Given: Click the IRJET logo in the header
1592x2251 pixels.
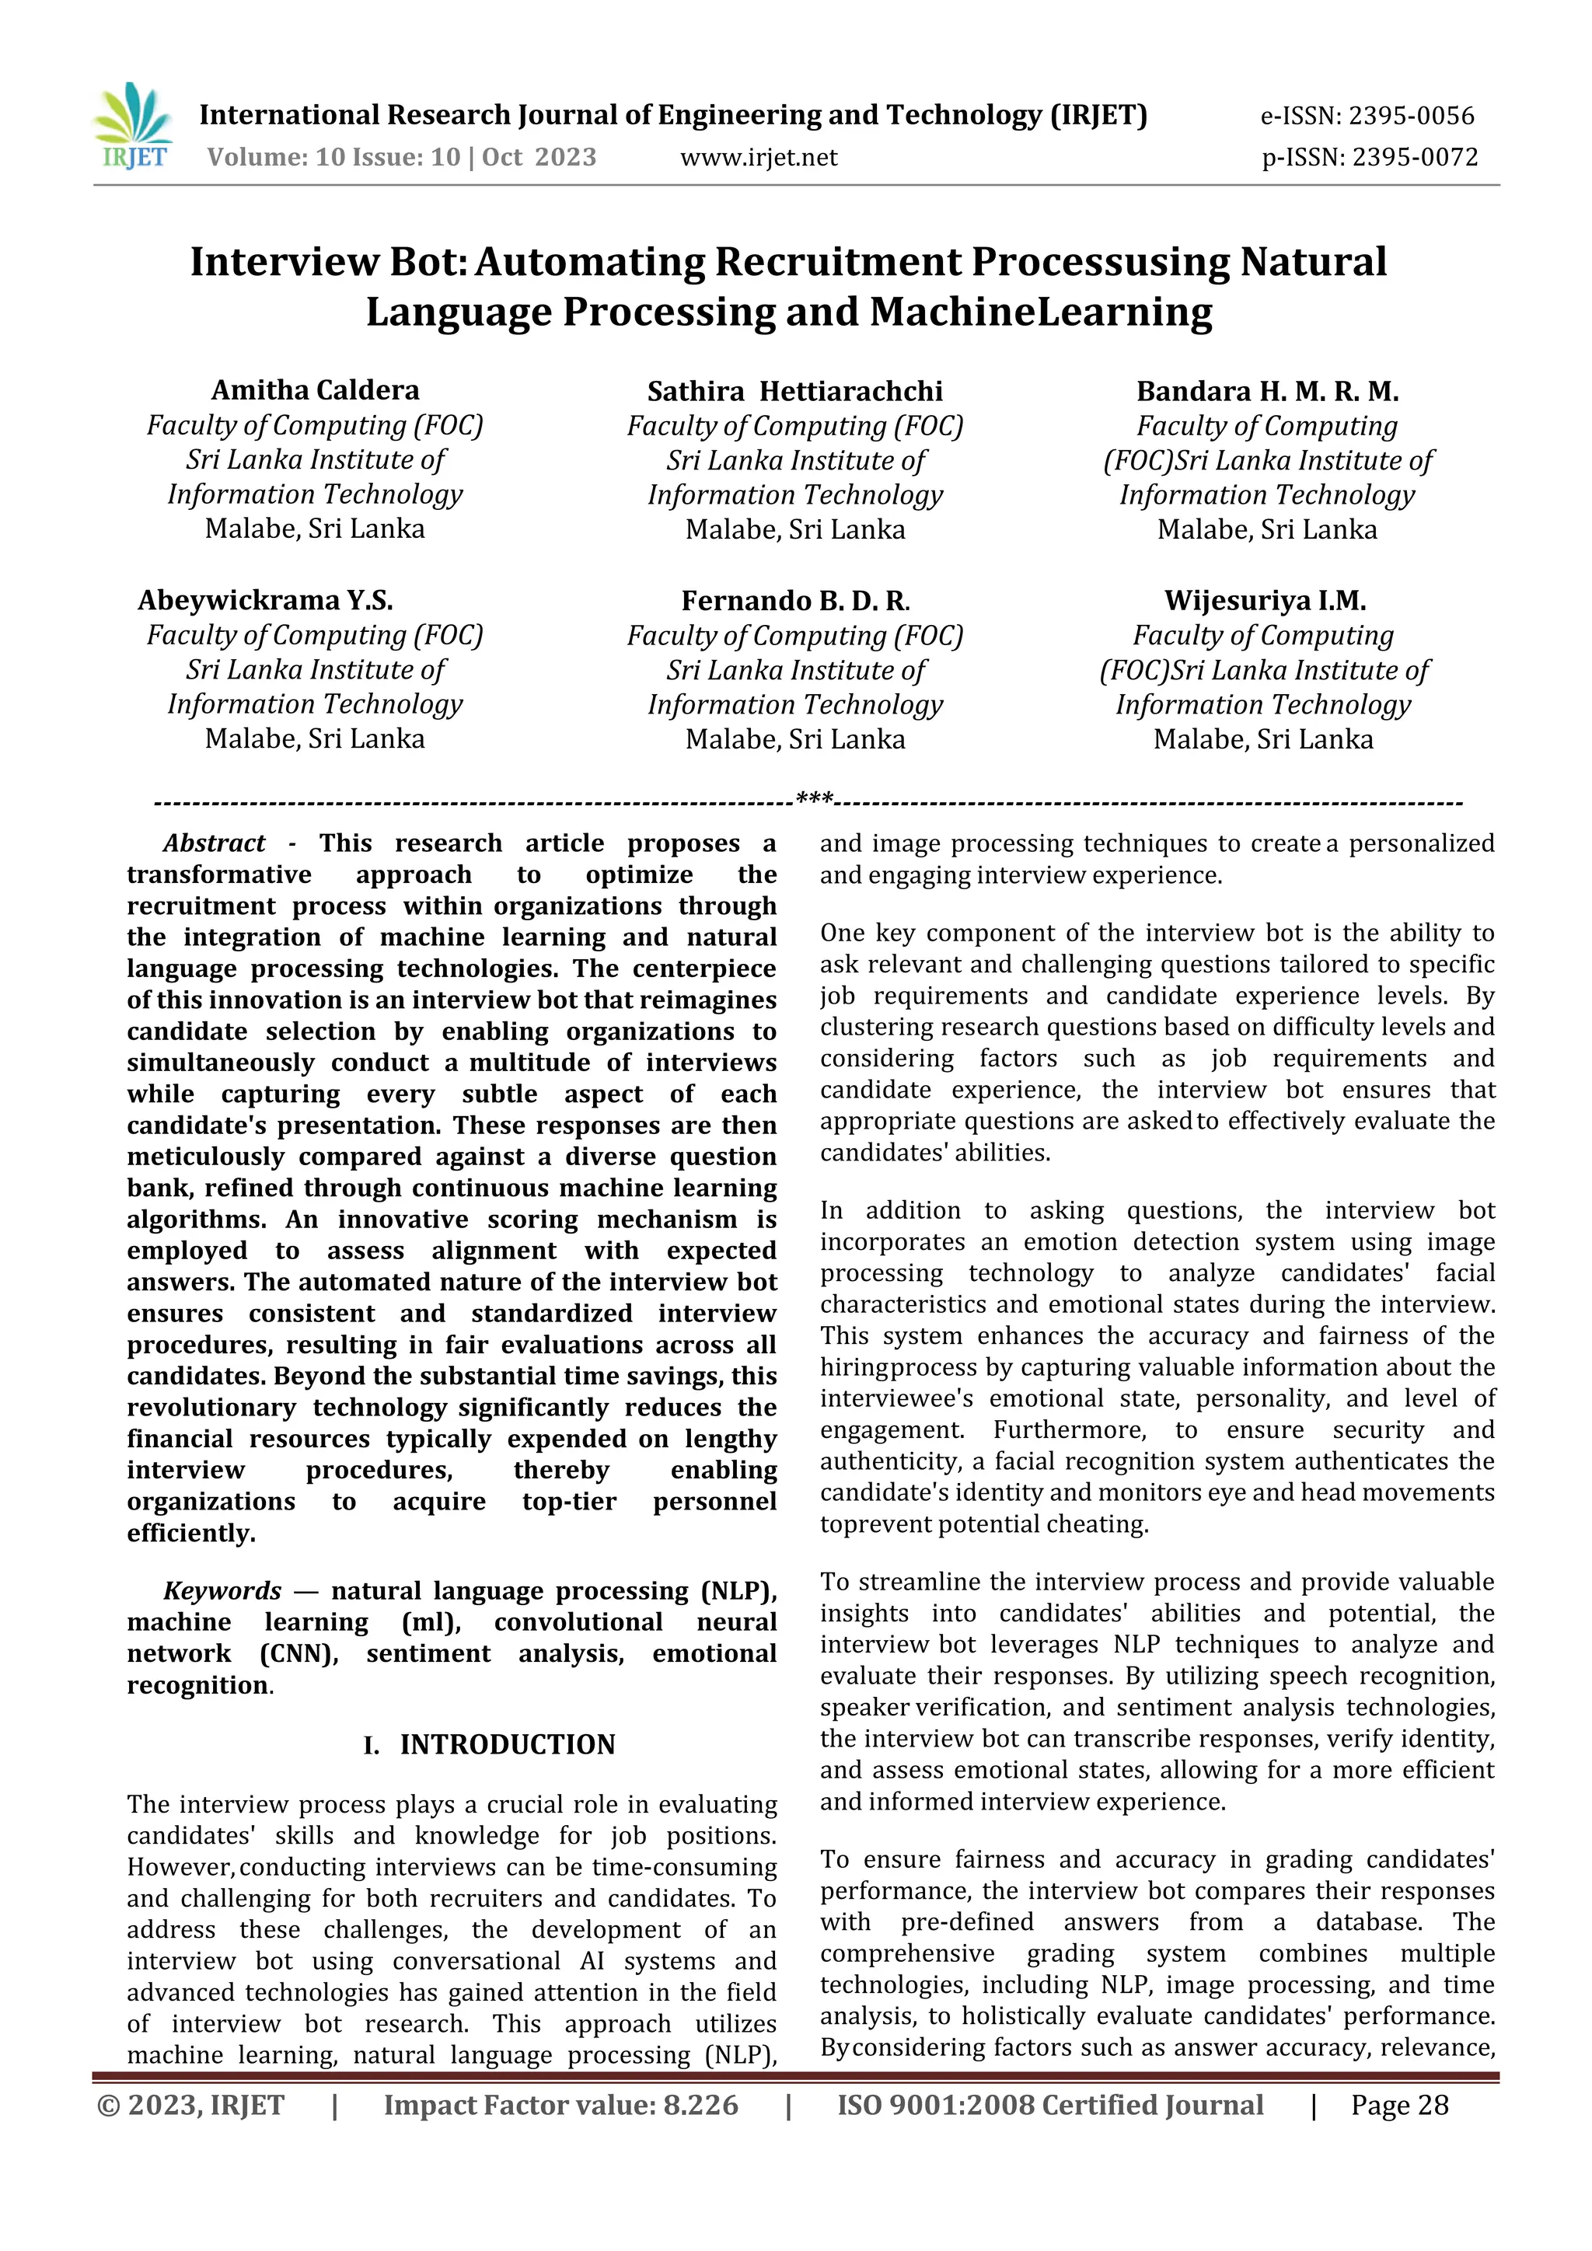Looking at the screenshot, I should pyautogui.click(x=132, y=127).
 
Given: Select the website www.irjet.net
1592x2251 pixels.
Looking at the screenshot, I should pyautogui.click(x=759, y=158).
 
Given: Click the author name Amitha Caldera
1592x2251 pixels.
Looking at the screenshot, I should pyautogui.click(x=315, y=390).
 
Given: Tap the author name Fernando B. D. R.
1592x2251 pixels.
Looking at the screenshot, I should pyautogui.click(x=795, y=600).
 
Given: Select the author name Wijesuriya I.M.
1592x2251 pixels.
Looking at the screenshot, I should pyautogui.click(x=1265, y=600).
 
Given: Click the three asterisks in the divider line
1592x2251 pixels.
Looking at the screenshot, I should pyautogui.click(x=815, y=800).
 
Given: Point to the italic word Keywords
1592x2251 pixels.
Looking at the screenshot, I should pyautogui.click(x=222, y=1590).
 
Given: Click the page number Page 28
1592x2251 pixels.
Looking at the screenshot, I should pyautogui.click(x=1399, y=2105).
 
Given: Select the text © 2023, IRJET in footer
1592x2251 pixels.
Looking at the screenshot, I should pyautogui.click(x=190, y=2105).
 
